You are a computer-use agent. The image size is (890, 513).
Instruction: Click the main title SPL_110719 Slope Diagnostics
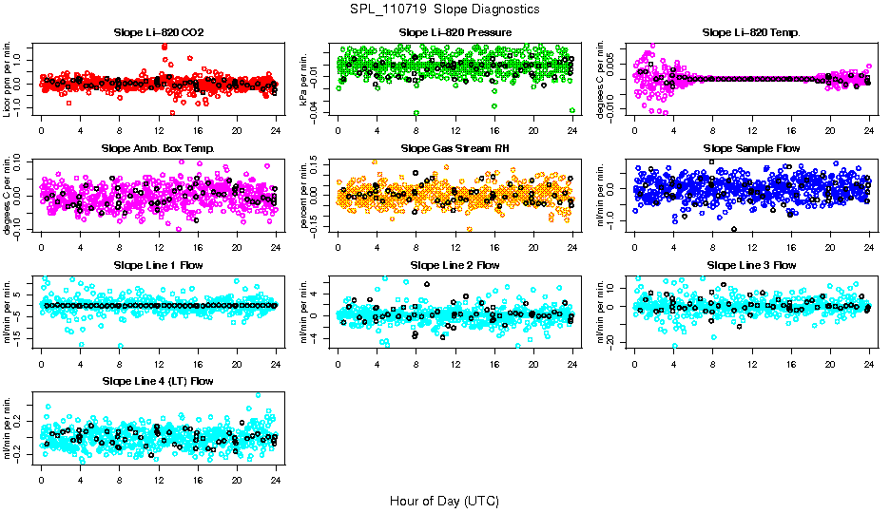(x=444, y=9)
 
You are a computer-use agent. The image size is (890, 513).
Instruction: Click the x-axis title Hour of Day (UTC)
(x=444, y=500)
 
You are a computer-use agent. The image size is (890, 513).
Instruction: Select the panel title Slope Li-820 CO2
(x=158, y=32)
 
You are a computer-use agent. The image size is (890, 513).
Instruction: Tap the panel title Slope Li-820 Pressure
(x=455, y=32)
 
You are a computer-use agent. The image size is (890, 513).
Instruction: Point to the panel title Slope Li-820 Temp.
(x=751, y=32)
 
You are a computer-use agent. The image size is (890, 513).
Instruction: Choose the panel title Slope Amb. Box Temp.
(x=158, y=148)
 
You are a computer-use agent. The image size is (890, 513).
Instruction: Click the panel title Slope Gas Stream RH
(x=455, y=148)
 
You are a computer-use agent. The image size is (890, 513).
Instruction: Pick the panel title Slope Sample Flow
(x=751, y=148)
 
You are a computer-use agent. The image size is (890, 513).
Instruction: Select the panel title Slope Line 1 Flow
(x=158, y=265)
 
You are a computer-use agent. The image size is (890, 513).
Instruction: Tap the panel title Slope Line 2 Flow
(x=455, y=265)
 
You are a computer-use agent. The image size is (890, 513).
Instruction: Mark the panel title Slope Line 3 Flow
(x=751, y=265)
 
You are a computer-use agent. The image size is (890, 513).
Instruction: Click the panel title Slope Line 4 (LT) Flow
(x=158, y=381)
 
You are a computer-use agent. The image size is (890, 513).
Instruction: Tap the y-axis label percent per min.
(x=305, y=194)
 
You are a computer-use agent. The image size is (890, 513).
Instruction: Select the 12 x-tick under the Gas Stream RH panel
(x=455, y=247)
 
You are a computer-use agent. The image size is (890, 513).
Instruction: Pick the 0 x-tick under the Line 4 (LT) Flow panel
(x=41, y=480)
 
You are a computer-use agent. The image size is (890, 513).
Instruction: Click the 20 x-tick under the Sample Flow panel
(x=830, y=247)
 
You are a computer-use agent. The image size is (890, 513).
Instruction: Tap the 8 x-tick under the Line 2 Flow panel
(x=416, y=363)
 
